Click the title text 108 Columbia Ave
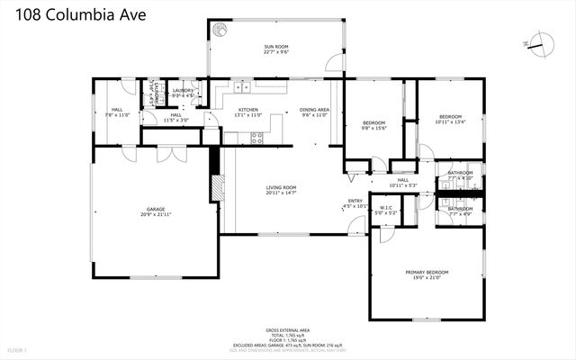(69, 15)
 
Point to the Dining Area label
(314, 110)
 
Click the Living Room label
(282, 187)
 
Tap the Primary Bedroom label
(425, 273)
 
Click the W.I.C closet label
(386, 209)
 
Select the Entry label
(355, 201)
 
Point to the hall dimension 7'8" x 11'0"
(117, 115)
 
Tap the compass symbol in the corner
(539, 41)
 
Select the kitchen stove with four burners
(256, 138)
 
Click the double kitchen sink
(241, 87)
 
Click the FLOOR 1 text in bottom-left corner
(18, 349)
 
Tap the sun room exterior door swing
(335, 63)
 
